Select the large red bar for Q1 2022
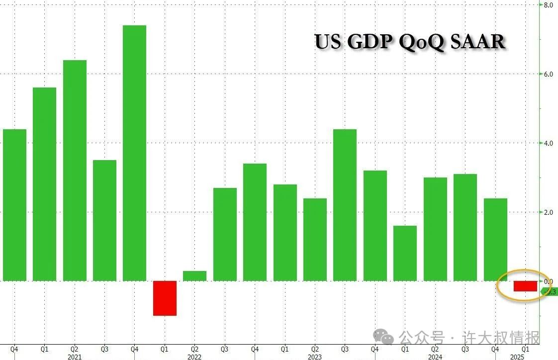point(165,298)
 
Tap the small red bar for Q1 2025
point(525,286)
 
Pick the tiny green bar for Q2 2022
point(194,275)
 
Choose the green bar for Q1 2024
point(405,253)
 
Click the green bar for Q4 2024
point(495,239)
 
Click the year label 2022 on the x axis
point(194,357)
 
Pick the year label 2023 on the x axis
point(314,357)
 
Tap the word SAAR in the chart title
point(477,42)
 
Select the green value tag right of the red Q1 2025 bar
point(549,292)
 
